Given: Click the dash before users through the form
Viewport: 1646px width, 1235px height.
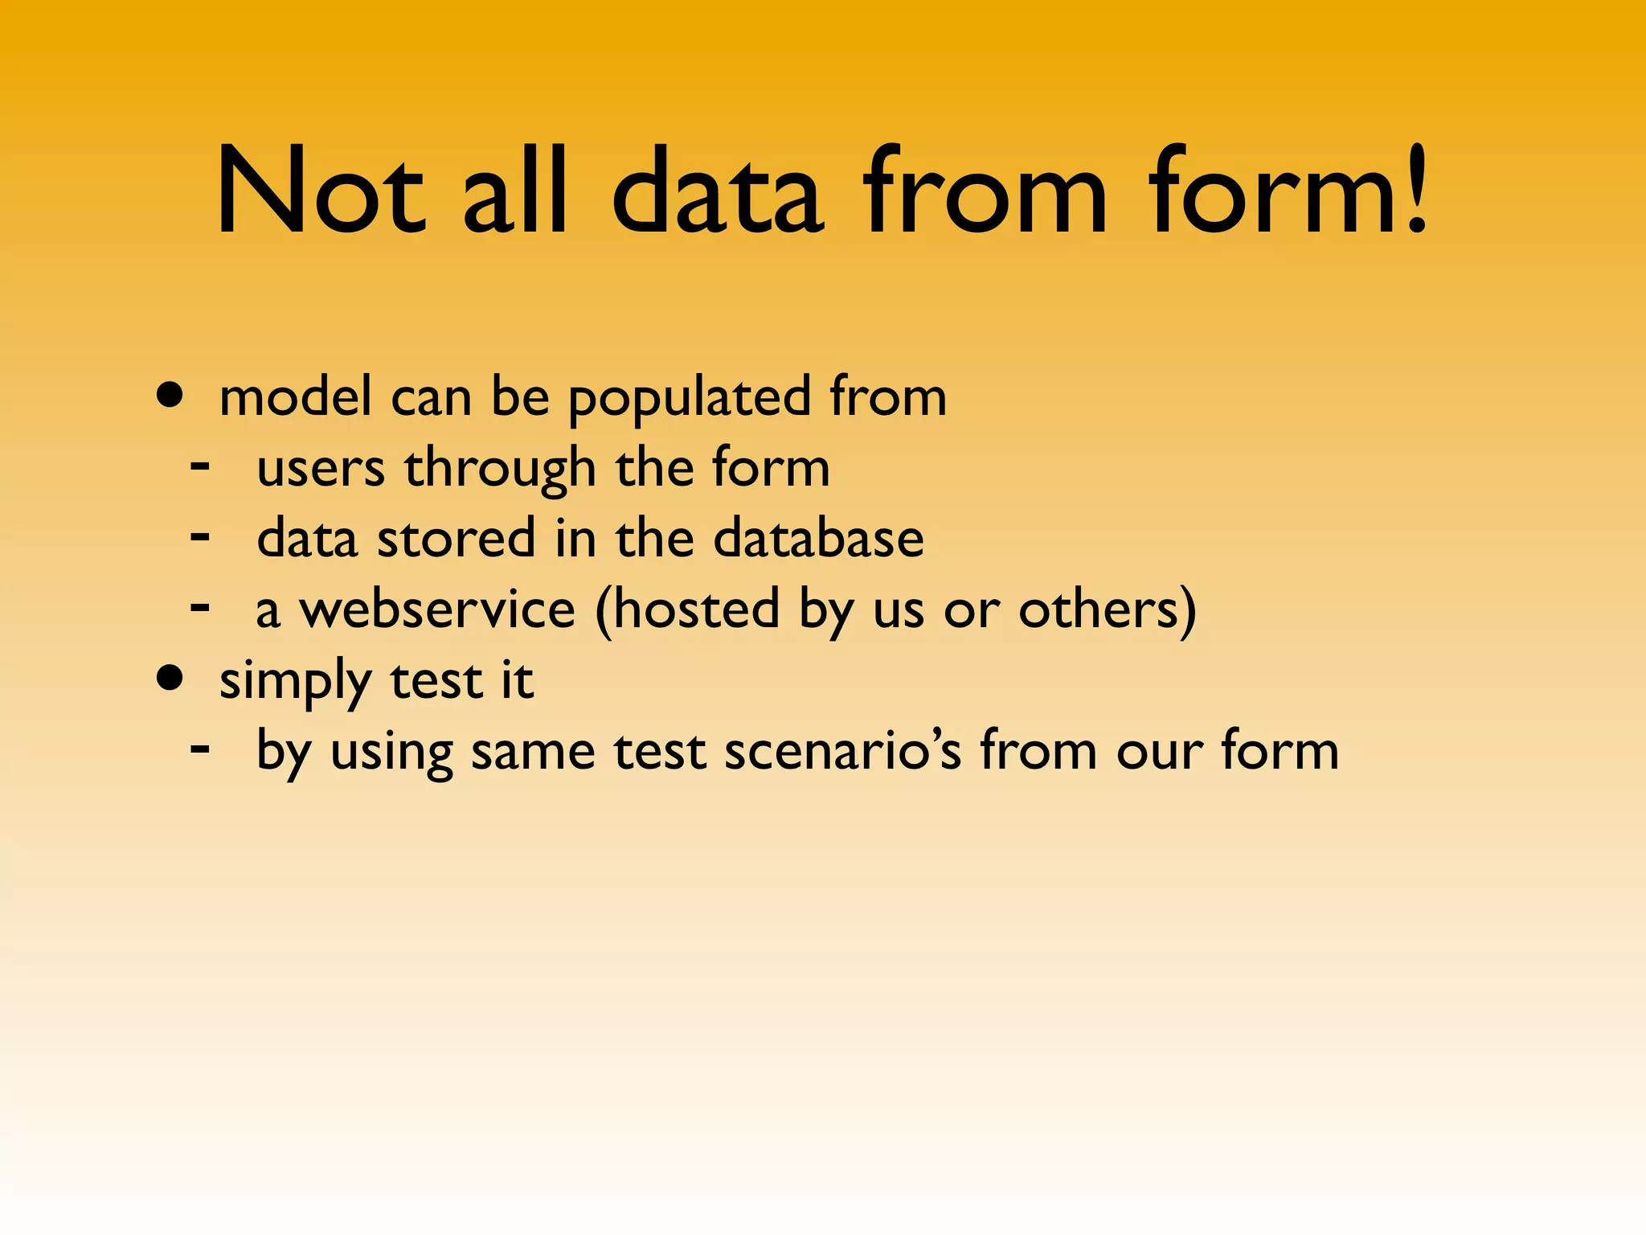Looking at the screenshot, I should [x=200, y=466].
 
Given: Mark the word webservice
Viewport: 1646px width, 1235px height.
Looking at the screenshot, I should [x=437, y=609].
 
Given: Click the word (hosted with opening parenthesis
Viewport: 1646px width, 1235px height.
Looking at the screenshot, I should [x=688, y=609].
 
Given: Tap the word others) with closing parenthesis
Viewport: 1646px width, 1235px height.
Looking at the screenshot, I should [x=1108, y=609].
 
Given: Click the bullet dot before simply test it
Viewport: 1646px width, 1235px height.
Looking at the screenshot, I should [x=170, y=678].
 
